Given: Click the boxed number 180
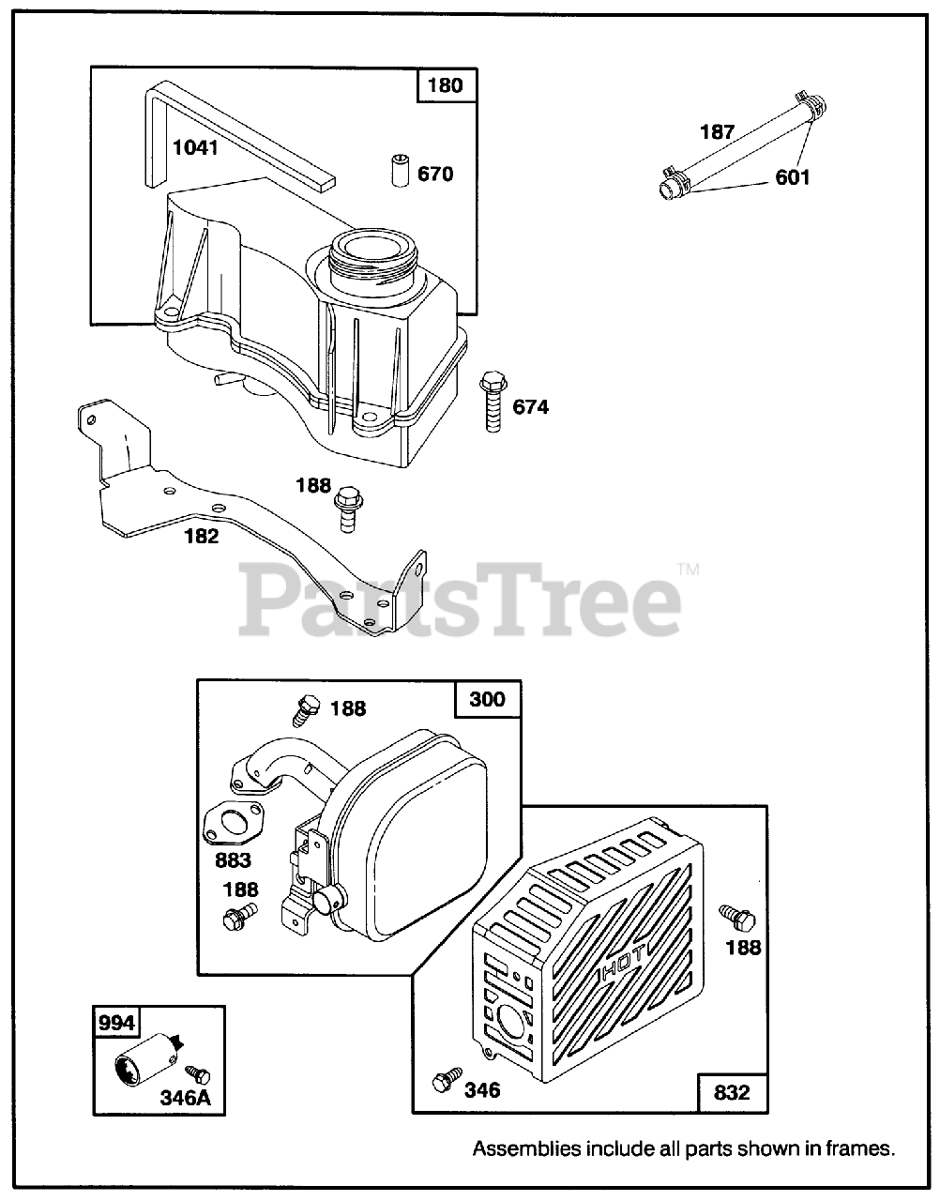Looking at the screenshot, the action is [446, 85].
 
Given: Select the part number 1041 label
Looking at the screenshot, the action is [195, 147].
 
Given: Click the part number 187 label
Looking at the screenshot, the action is [718, 132].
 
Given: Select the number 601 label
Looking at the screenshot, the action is [793, 176].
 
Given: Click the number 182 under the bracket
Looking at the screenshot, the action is [203, 536].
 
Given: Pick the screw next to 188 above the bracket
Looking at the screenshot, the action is [348, 507].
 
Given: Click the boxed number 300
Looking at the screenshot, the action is [487, 699].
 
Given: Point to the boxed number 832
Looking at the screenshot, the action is [732, 1092].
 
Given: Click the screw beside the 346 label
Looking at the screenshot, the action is [444, 1080].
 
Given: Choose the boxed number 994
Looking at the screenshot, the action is [116, 1023].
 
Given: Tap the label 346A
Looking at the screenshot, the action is [185, 1097].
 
